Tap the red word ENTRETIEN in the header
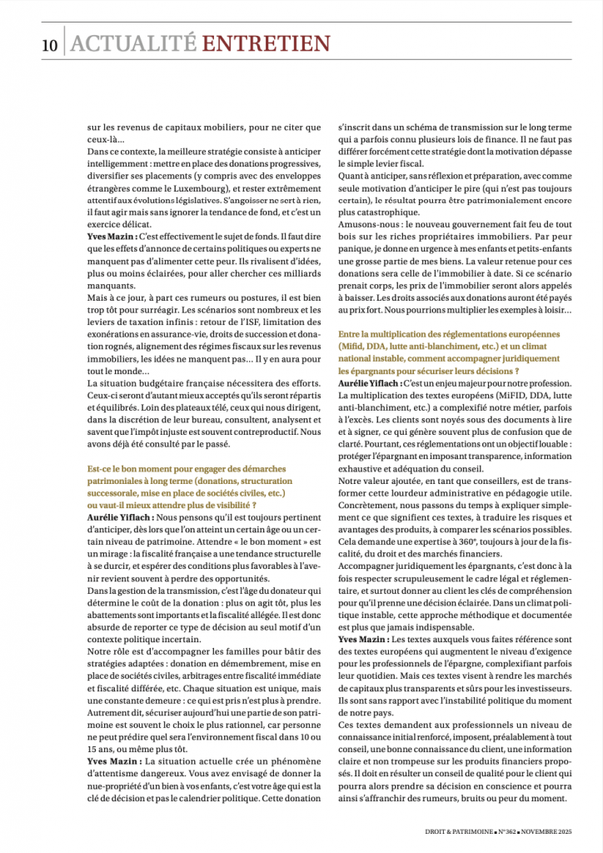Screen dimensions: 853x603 [x=266, y=44]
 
